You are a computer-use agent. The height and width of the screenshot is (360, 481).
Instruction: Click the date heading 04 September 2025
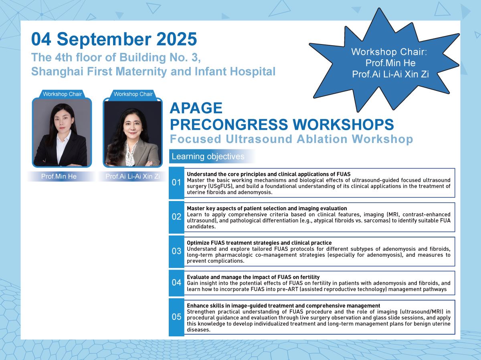[114, 39]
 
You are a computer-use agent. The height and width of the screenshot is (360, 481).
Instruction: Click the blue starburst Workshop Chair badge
[384, 60]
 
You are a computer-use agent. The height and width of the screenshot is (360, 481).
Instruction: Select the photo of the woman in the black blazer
[62, 133]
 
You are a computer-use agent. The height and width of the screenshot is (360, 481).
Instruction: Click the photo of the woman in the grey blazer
[133, 133]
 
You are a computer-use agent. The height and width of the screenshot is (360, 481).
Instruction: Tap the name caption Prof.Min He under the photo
[59, 176]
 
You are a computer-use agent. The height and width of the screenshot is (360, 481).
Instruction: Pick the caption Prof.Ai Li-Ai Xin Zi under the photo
[133, 176]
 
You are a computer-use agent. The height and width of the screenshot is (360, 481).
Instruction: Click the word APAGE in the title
[196, 108]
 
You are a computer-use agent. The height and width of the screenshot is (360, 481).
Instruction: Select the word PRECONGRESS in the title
[229, 124]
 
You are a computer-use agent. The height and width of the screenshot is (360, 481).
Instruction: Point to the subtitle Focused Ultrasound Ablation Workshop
[291, 139]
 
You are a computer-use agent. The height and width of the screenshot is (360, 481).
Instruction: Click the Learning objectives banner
[212, 156]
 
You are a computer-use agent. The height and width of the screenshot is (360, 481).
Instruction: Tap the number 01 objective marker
[176, 183]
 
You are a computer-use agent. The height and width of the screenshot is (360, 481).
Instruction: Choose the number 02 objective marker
[176, 217]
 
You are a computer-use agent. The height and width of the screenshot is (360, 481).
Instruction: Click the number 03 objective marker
[176, 251]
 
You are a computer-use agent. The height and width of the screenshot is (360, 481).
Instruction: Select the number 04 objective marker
[176, 283]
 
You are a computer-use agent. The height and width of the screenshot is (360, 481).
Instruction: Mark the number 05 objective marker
[176, 317]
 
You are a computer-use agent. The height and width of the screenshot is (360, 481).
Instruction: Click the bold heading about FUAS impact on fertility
[253, 277]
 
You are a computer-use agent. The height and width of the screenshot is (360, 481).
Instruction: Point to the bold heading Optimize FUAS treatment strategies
[259, 243]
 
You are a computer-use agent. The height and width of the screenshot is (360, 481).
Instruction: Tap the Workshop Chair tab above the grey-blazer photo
[133, 94]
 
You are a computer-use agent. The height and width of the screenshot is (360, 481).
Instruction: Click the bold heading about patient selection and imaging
[267, 208]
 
